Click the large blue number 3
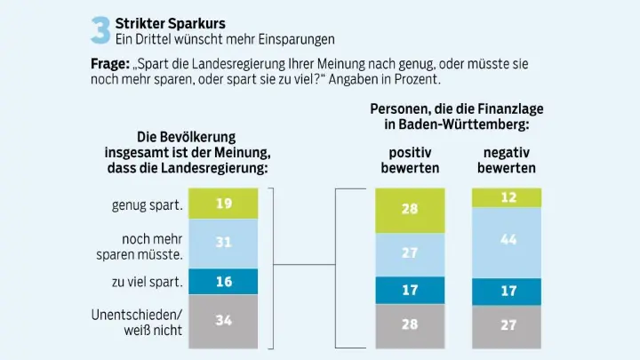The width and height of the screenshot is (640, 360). pos(100,28)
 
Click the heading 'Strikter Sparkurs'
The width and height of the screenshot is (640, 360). pos(170,21)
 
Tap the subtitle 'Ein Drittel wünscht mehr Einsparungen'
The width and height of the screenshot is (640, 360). pos(225,39)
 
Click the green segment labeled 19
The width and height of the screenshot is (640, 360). pos(224,204)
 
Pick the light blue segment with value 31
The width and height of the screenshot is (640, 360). pos(224,243)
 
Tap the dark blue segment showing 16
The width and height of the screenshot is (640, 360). pos(224,281)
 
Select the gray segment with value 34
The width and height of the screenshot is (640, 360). pos(224,320)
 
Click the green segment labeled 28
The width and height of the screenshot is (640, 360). pos(410,211)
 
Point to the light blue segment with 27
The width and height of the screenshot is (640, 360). pos(410,254)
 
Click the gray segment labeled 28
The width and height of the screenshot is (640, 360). pos(410,324)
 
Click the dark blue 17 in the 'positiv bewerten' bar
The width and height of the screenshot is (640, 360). pos(410,290)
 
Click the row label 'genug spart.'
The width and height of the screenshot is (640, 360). pos(147,205)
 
